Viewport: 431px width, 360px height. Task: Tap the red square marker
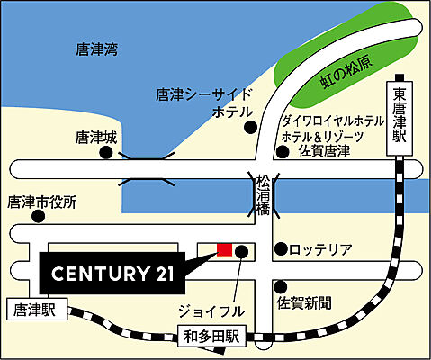tap(224, 249)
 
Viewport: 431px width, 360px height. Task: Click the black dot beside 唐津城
tap(106, 154)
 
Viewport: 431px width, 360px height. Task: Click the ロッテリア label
tap(321, 248)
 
